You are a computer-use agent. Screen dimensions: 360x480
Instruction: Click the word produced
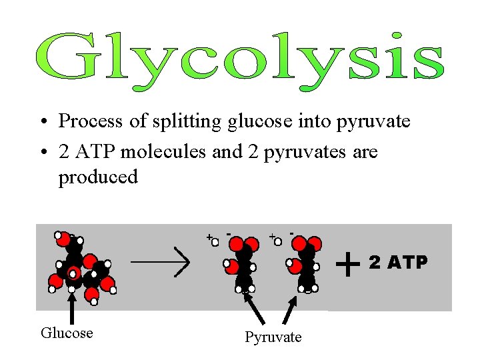click(98, 178)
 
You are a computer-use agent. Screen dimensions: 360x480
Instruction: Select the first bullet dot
click(42, 123)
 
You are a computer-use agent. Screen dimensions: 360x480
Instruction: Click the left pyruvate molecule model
click(243, 263)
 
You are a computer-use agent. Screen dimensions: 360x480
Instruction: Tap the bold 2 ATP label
click(398, 263)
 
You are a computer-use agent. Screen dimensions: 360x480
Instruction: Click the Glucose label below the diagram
click(67, 333)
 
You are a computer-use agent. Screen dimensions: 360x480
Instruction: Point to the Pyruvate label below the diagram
click(273, 337)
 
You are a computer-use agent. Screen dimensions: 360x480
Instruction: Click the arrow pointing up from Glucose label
click(72, 307)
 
